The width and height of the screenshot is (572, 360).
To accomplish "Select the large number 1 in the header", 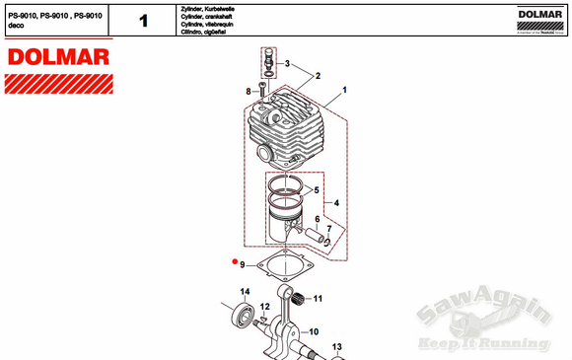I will pyautogui.click(x=144, y=20).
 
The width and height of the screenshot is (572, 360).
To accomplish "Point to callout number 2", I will pyautogui.click(x=318, y=75).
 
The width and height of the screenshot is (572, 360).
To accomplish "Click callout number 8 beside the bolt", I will pyautogui.click(x=249, y=91).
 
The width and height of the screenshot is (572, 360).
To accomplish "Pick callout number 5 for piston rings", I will pyautogui.click(x=316, y=188).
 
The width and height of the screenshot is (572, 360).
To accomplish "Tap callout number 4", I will pyautogui.click(x=336, y=204).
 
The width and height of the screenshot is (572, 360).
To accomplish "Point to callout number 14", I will pyautogui.click(x=246, y=290).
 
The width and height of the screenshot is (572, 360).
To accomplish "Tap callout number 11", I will pyautogui.click(x=318, y=298).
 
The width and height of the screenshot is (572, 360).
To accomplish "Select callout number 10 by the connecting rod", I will pyautogui.click(x=314, y=331).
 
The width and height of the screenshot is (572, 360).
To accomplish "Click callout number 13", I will pyautogui.click(x=335, y=346).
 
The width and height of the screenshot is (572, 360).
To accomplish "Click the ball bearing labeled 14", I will pyautogui.click(x=241, y=317).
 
